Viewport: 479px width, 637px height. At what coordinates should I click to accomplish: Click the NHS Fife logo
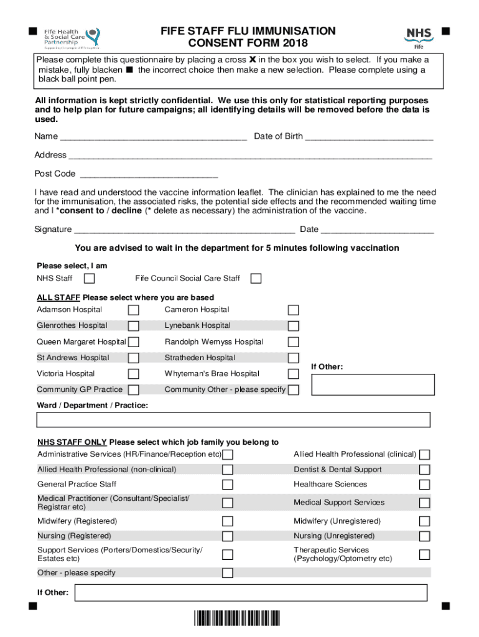[x=419, y=39]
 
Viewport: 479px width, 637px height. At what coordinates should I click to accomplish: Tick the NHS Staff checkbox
[x=90, y=278]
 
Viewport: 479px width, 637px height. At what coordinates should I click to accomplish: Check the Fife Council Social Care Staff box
[x=256, y=278]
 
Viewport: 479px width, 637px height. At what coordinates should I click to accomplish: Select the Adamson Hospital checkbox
[x=133, y=310]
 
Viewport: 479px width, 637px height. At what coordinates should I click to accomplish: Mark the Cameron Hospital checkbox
[x=293, y=310]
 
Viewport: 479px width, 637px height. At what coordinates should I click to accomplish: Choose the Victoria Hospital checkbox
[x=133, y=374]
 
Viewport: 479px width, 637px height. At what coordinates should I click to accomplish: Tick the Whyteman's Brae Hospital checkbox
[x=293, y=374]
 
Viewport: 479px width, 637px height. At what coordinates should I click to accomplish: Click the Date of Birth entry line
[x=370, y=137]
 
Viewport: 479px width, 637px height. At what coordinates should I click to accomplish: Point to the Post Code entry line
[x=149, y=175]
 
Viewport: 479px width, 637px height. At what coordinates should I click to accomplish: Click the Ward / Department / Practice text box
[x=233, y=420]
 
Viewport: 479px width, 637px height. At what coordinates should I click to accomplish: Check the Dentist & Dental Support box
[x=424, y=470]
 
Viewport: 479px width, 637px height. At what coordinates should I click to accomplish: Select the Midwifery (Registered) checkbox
[x=228, y=521]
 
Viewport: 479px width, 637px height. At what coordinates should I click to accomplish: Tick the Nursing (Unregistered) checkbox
[x=424, y=536]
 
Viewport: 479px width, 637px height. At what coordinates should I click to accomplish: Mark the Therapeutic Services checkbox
[x=424, y=554]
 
